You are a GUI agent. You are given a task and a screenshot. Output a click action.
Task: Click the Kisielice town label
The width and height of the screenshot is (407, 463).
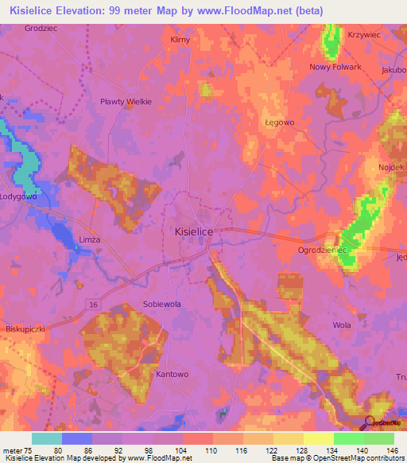(x=192, y=231)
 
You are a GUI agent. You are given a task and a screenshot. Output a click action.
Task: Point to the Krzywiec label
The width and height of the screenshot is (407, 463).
(x=365, y=36)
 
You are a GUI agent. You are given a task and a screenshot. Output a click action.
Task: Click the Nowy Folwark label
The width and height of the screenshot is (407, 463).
(x=335, y=67)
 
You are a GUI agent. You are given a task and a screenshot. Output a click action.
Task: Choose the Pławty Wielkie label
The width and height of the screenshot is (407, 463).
(x=125, y=102)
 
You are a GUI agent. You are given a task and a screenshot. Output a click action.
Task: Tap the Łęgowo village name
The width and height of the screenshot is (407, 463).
(x=279, y=123)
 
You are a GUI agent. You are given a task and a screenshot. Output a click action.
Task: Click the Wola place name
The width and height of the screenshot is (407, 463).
(x=343, y=325)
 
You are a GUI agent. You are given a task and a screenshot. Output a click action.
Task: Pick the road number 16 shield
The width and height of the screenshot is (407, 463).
(x=93, y=305)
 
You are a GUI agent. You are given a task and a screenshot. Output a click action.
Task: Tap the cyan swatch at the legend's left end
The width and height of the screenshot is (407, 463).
(x=47, y=438)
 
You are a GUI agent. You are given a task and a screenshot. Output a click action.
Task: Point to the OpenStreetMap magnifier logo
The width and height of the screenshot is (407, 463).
(x=370, y=423)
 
